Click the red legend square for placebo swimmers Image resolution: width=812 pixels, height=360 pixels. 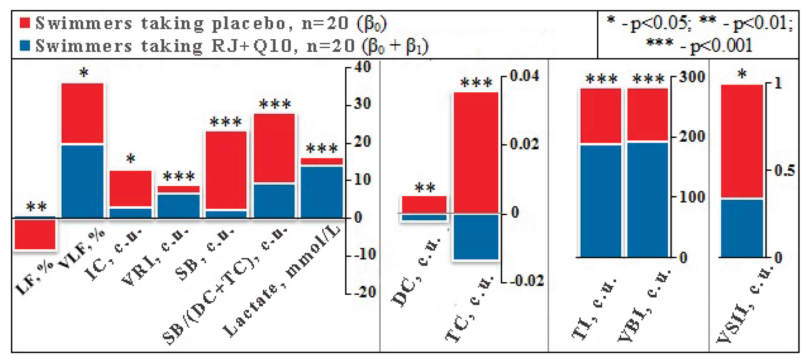pyautogui.click(x=25, y=23)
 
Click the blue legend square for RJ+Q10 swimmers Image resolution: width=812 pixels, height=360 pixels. pyautogui.click(x=25, y=45)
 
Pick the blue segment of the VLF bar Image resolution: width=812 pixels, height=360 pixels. pyautogui.click(x=82, y=181)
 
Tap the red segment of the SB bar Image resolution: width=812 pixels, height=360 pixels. pyautogui.click(x=226, y=170)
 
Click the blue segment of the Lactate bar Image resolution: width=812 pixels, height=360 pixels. pyautogui.click(x=322, y=192)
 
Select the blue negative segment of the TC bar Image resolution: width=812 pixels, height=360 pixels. pyautogui.click(x=476, y=237)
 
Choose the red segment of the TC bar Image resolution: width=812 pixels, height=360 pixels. pyautogui.click(x=476, y=153)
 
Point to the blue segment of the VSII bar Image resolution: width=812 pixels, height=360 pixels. pyautogui.click(x=742, y=228)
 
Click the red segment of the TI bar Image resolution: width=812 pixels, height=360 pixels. pyautogui.click(x=600, y=116)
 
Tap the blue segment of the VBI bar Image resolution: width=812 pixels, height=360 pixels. pyautogui.click(x=647, y=200)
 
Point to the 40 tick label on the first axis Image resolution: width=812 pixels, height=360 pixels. pyautogui.click(x=362, y=67)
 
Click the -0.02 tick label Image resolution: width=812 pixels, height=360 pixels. pyautogui.click(x=527, y=281)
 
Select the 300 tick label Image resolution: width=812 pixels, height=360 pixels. pyautogui.click(x=692, y=77)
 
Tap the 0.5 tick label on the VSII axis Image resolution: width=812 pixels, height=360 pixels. pyautogui.click(x=784, y=171)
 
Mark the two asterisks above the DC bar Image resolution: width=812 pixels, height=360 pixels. pyautogui.click(x=424, y=187)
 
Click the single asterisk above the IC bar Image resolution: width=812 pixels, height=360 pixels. pyautogui.click(x=131, y=158)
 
